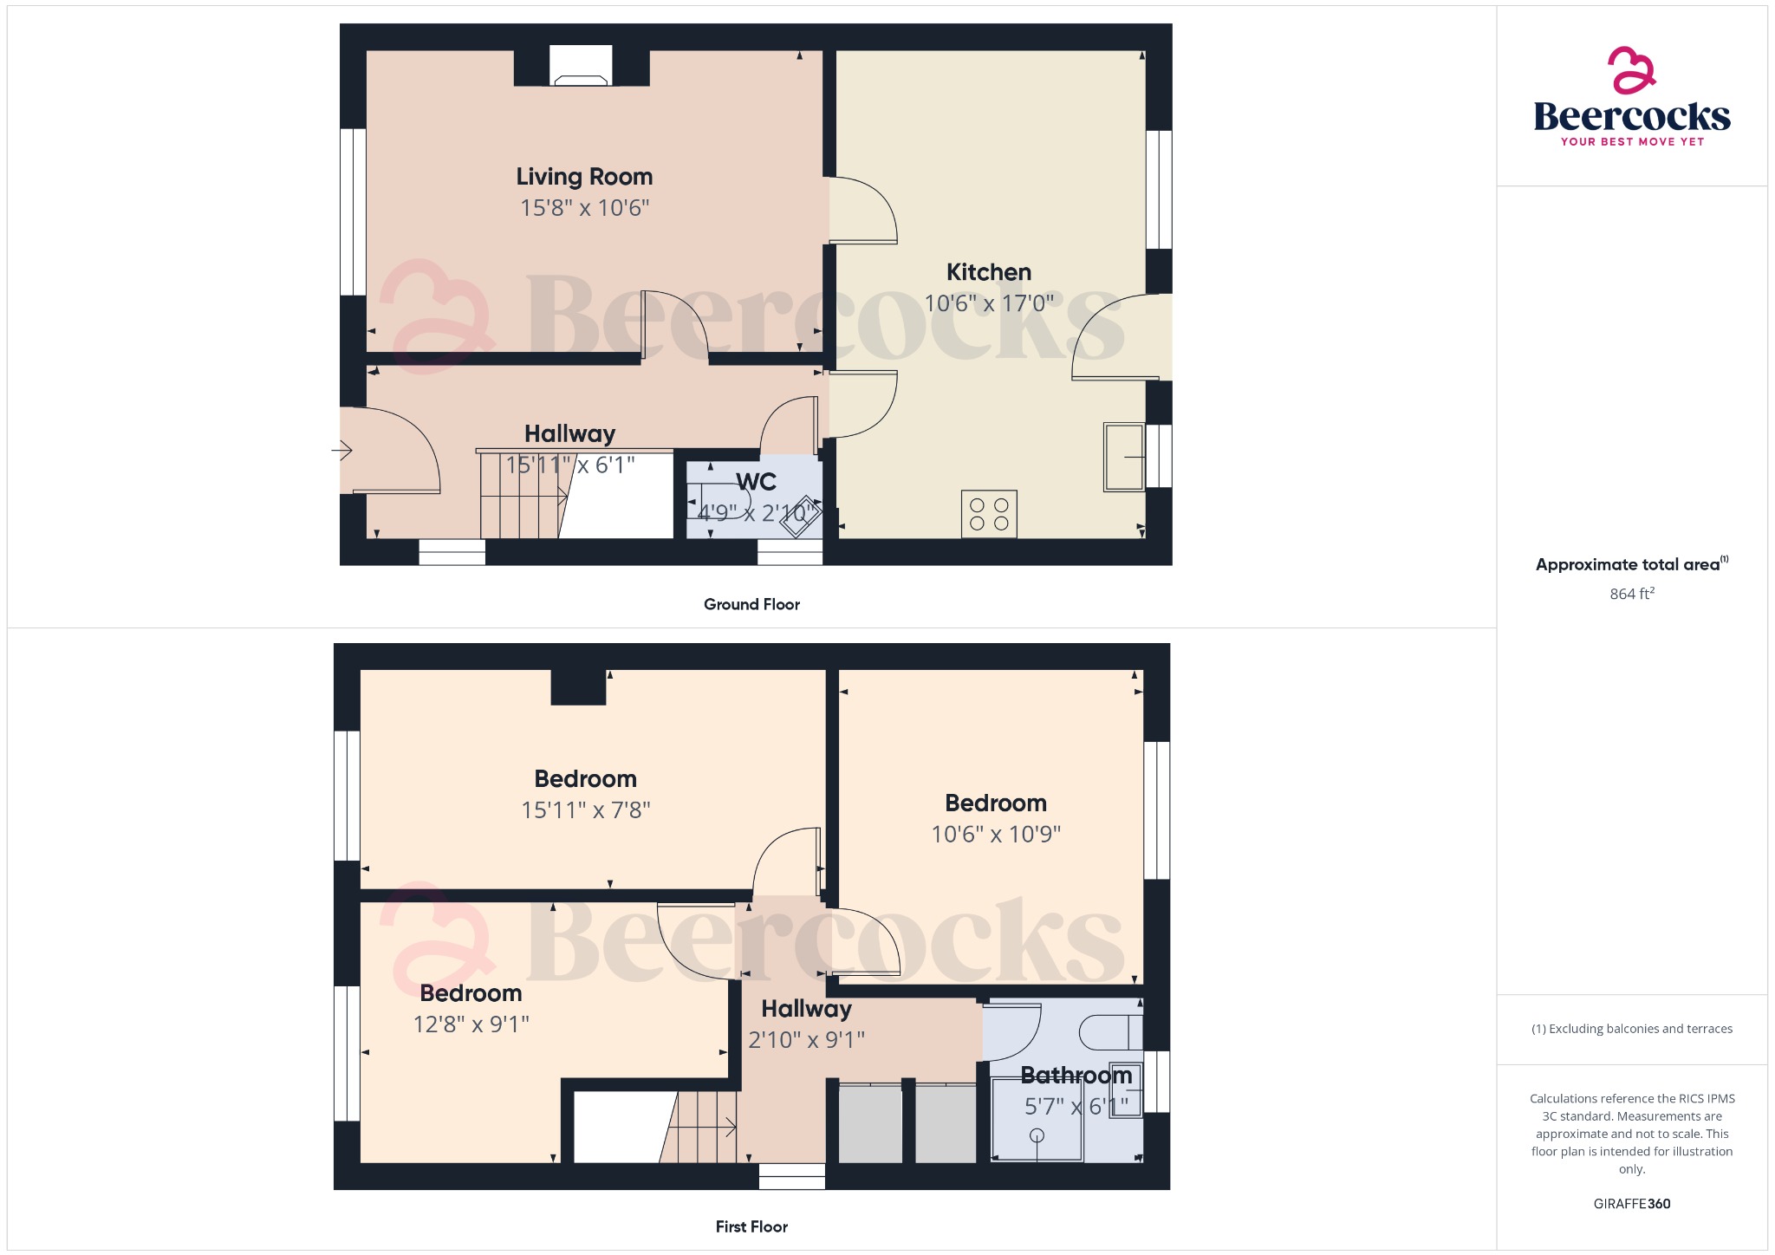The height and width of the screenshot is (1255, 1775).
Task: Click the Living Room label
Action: click(x=584, y=177)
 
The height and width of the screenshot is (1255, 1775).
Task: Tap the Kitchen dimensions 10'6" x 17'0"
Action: click(x=989, y=303)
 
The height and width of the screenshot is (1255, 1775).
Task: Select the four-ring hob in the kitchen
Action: click(x=989, y=514)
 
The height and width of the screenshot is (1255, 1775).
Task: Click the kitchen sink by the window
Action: click(x=1124, y=457)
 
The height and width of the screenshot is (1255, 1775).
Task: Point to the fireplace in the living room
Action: click(x=581, y=66)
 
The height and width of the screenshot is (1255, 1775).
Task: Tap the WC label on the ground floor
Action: click(x=756, y=482)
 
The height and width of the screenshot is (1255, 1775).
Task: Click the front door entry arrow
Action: click(x=341, y=451)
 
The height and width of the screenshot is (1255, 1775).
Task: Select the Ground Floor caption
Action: click(x=751, y=604)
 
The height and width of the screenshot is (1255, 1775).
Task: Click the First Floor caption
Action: click(x=751, y=1226)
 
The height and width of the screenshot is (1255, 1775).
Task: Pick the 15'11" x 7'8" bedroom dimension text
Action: click(x=585, y=810)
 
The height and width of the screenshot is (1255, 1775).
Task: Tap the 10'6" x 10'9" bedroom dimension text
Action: click(x=996, y=834)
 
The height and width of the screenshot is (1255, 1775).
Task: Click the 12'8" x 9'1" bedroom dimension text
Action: click(x=471, y=1024)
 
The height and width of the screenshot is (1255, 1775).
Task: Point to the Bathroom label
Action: click(x=1076, y=1076)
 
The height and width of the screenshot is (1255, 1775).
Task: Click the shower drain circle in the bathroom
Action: click(x=1037, y=1135)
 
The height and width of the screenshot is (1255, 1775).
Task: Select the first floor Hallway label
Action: click(x=806, y=1009)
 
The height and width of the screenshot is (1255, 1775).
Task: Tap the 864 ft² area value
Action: click(x=1632, y=594)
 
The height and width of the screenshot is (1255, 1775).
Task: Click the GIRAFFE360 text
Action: click(x=1632, y=1204)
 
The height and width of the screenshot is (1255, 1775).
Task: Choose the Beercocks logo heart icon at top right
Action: click(x=1632, y=69)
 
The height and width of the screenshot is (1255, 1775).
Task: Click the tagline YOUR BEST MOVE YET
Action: click(x=1632, y=141)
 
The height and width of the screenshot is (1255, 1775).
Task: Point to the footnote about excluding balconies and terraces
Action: click(x=1632, y=1029)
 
